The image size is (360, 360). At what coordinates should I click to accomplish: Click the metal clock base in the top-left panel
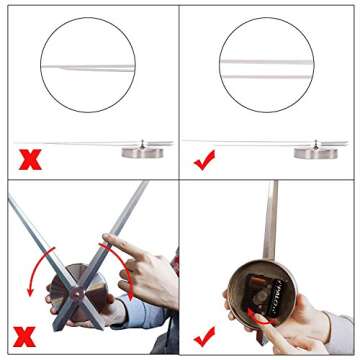click(143, 151)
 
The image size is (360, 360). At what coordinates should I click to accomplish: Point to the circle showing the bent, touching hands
click(88, 66)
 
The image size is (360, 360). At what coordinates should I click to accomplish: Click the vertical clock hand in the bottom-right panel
click(271, 220)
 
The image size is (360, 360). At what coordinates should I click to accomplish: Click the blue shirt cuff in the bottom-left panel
click(140, 316)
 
